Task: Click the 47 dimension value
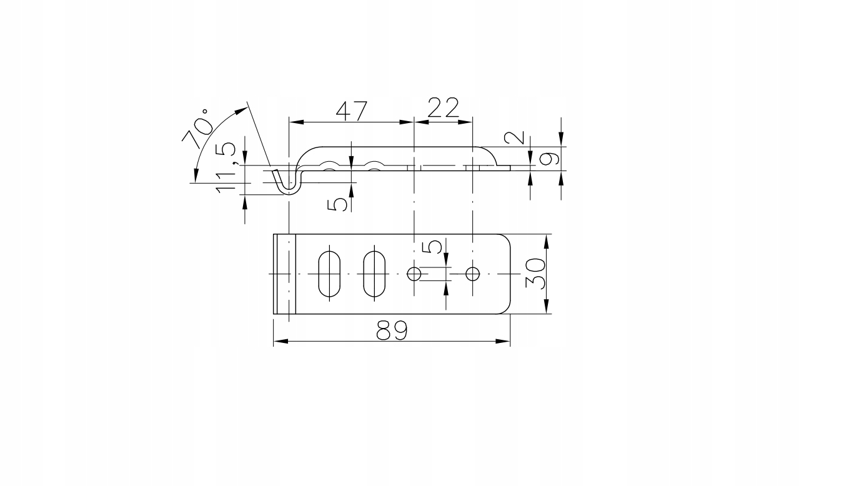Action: (351, 111)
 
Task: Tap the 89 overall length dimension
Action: (392, 330)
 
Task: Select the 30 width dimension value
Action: (535, 274)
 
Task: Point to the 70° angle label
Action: (197, 129)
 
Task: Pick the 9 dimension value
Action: (549, 159)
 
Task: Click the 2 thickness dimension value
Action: (515, 137)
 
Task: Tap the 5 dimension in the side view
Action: (337, 204)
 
